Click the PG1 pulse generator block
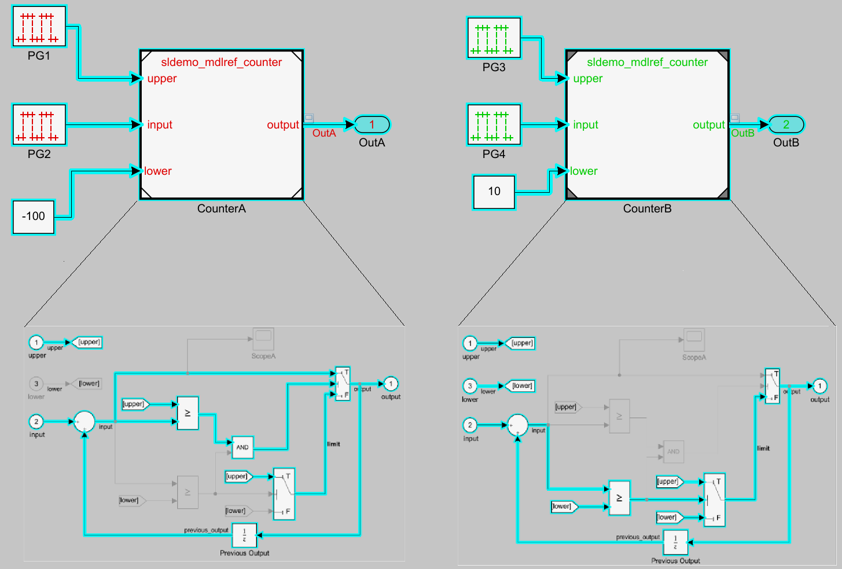click(39, 27)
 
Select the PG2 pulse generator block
click(39, 124)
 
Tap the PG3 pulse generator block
click(494, 38)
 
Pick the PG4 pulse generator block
click(494, 124)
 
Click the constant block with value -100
click(34, 216)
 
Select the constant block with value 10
click(494, 192)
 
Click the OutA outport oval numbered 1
click(372, 124)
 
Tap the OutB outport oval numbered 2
click(786, 124)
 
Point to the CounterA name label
click(222, 209)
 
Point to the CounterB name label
click(647, 209)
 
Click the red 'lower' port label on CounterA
click(158, 171)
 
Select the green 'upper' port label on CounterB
click(587, 79)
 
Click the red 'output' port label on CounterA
click(283, 125)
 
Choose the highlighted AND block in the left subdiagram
click(242, 447)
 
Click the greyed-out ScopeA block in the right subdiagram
click(694, 339)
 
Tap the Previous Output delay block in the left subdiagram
click(244, 535)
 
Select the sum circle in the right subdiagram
click(517, 425)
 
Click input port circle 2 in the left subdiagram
click(36, 422)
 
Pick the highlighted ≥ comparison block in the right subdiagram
click(619, 498)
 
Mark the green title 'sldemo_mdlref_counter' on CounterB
click(647, 63)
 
